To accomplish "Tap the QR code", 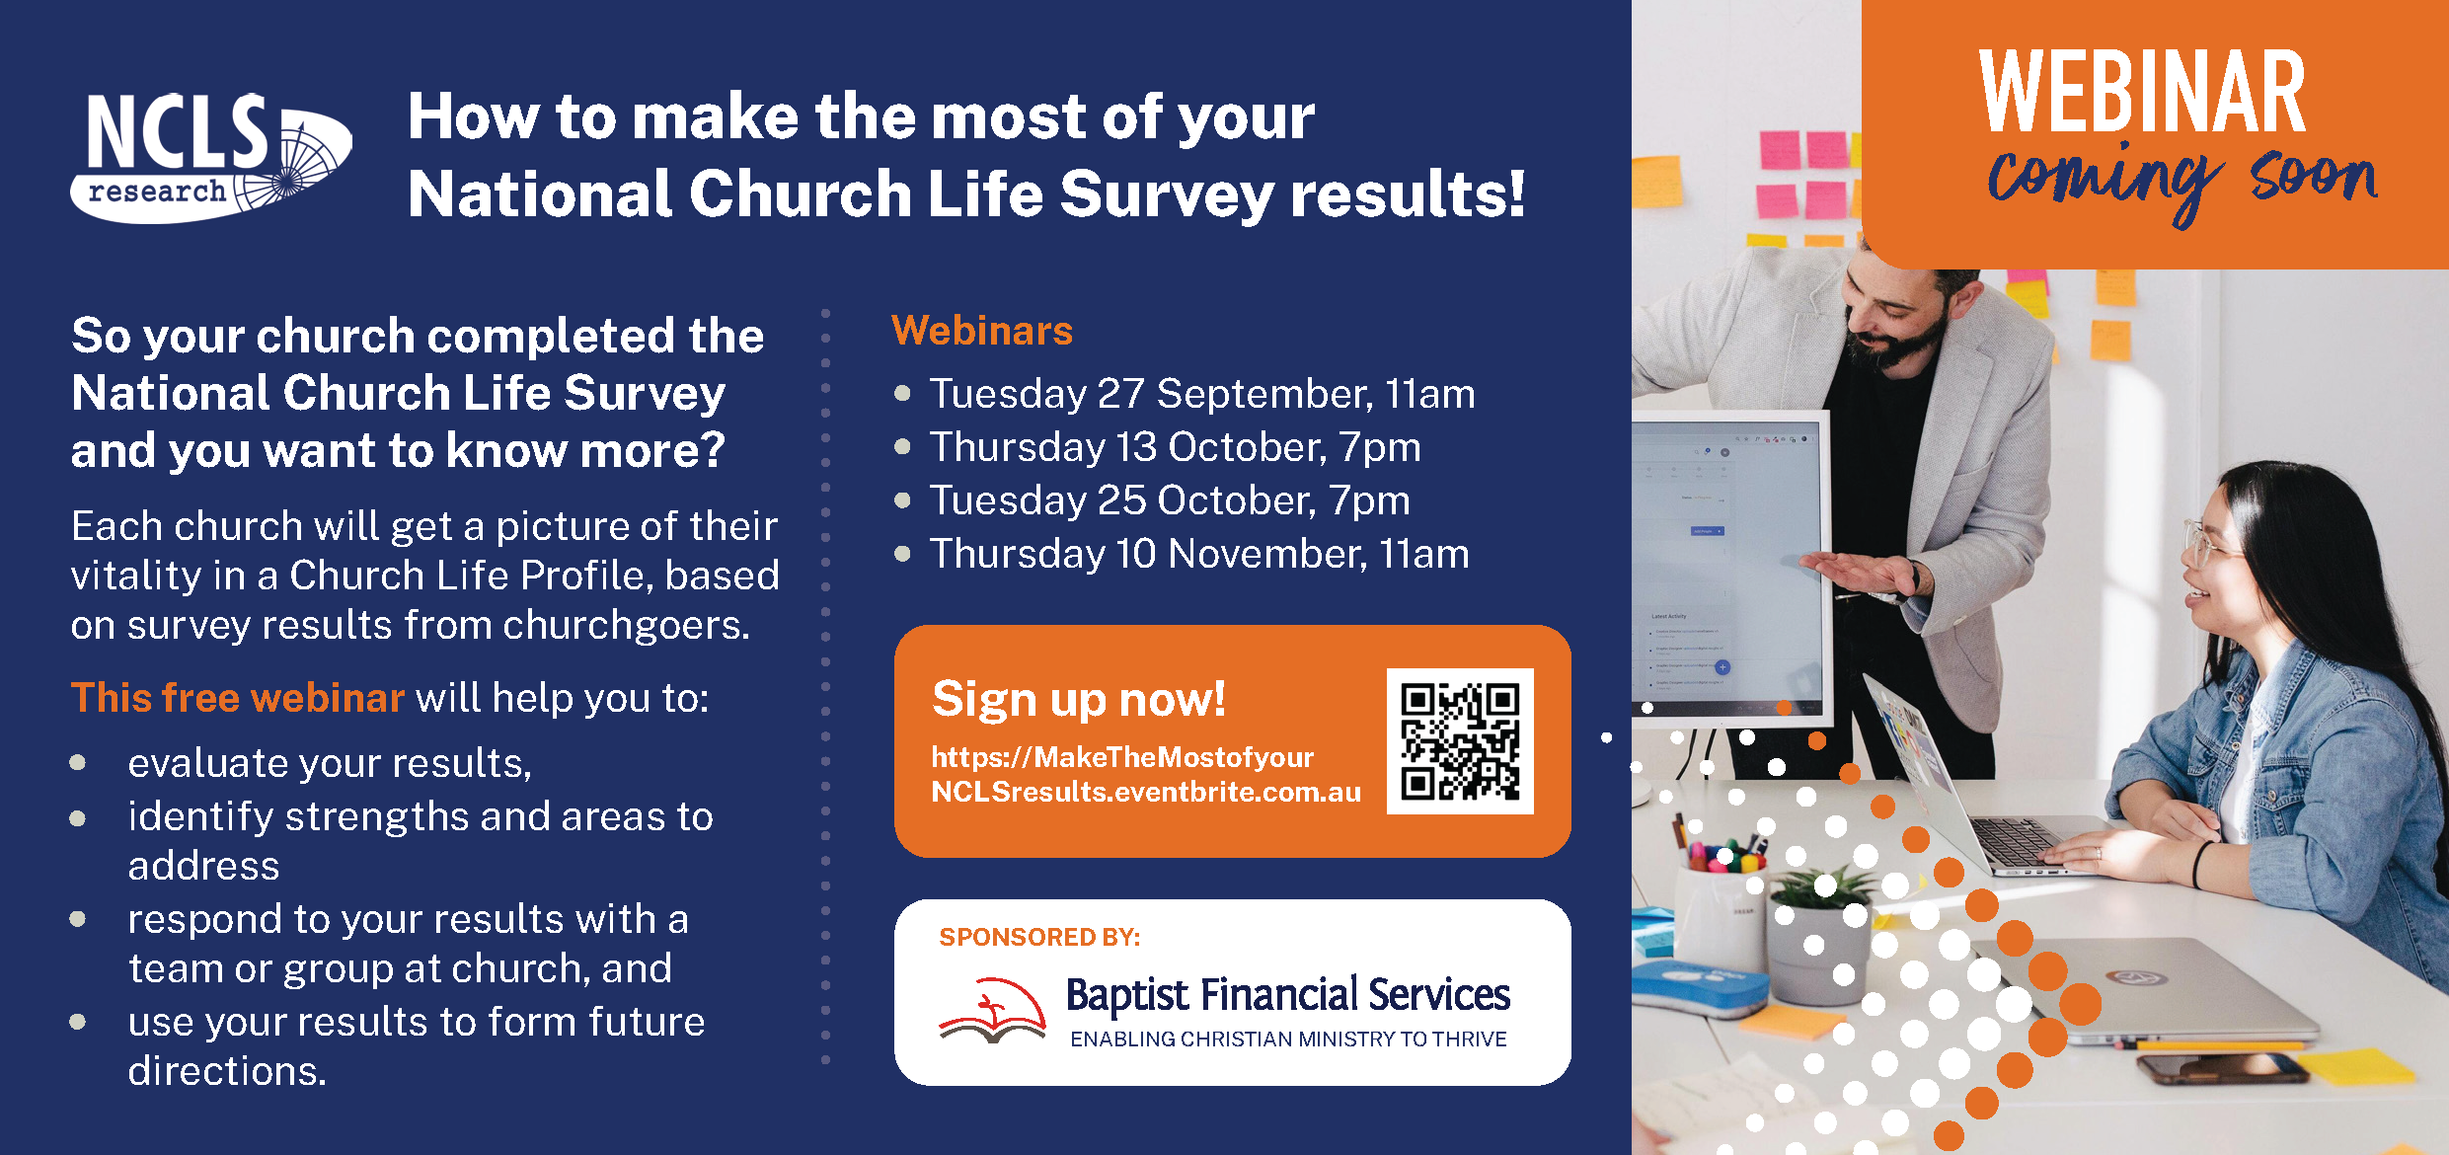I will (x=1460, y=741).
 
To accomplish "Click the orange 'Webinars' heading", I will (x=981, y=331).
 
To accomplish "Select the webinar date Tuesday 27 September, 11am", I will (x=1201, y=394).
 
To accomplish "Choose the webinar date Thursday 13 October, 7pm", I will (x=1175, y=447).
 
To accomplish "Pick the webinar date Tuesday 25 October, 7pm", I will (x=1169, y=500).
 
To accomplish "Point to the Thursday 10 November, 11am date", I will (x=1198, y=554).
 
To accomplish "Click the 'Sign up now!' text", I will (x=1078, y=699).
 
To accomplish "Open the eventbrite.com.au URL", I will (x=1145, y=775).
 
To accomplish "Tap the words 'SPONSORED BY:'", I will (x=1039, y=937).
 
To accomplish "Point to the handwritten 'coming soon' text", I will (x=2181, y=181).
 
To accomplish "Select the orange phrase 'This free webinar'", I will (x=238, y=698).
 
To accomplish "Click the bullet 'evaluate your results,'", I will (x=330, y=763).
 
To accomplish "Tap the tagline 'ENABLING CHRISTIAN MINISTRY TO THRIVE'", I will (x=1288, y=1039).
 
